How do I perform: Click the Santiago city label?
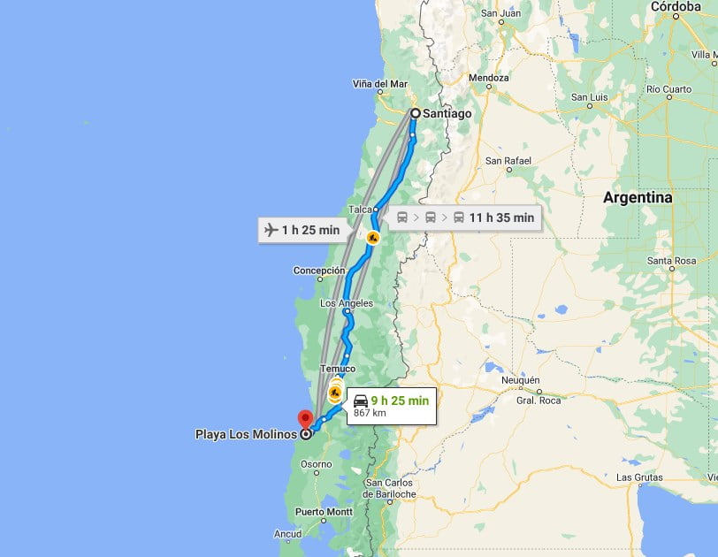[x=447, y=113]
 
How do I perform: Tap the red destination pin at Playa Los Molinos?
[x=306, y=419]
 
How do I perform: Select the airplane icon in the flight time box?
[x=271, y=230]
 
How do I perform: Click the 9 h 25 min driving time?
[x=400, y=401]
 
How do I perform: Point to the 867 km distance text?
[x=370, y=413]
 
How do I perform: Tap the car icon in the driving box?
[x=361, y=401]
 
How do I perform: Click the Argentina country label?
[x=637, y=198]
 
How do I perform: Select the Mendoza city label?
[x=489, y=78]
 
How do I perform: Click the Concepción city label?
[x=319, y=271]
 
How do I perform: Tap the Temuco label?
[x=339, y=369]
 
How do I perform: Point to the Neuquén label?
[x=520, y=380]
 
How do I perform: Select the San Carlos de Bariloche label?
[x=390, y=488]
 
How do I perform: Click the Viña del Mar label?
[x=380, y=85]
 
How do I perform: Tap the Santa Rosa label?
[x=672, y=261]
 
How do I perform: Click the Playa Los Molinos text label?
[x=246, y=434]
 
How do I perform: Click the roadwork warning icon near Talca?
[x=373, y=237]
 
